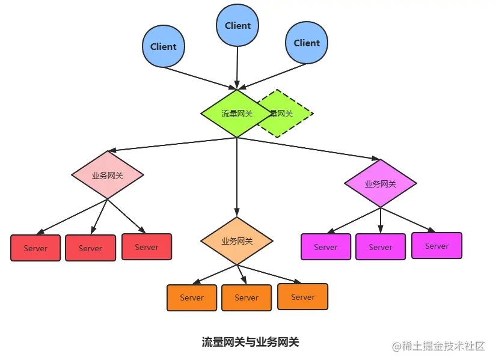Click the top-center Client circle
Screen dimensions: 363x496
point(237,25)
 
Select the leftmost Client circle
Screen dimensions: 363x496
point(163,46)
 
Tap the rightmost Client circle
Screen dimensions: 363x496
point(307,43)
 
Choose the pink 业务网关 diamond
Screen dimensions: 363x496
point(108,175)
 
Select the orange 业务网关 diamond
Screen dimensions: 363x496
point(237,241)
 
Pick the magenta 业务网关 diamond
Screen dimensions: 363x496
point(381,184)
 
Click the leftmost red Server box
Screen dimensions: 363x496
point(35,248)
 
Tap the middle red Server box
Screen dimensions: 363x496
point(90,248)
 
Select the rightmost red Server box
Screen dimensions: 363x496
point(147,246)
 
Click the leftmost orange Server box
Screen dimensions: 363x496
point(192,297)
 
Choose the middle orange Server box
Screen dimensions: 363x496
point(246,297)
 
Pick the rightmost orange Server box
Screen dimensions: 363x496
point(303,296)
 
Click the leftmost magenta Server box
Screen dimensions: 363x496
point(326,246)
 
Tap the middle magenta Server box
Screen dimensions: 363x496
point(381,246)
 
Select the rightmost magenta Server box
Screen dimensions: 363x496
point(437,245)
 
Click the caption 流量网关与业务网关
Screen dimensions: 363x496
point(250,343)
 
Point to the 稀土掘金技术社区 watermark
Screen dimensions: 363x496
point(439,346)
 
